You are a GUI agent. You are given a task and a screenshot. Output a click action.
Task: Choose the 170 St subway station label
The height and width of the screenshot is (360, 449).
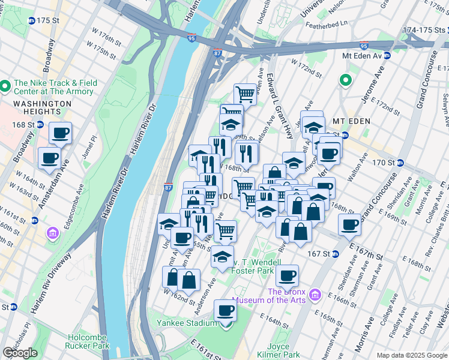click(382, 162)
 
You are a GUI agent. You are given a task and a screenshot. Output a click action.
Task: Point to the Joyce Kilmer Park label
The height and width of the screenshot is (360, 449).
click(283, 350)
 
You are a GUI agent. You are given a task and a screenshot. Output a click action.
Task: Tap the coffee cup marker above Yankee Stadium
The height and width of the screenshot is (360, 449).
click(226, 310)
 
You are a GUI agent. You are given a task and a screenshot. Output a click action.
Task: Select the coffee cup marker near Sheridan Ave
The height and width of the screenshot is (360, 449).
click(349, 225)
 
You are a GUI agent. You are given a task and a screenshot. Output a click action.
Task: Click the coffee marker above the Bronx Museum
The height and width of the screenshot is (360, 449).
click(288, 275)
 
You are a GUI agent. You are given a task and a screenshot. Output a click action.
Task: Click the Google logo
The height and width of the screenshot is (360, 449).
click(20, 353)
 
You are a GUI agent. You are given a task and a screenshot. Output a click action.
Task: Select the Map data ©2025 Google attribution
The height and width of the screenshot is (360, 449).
click(412, 355)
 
